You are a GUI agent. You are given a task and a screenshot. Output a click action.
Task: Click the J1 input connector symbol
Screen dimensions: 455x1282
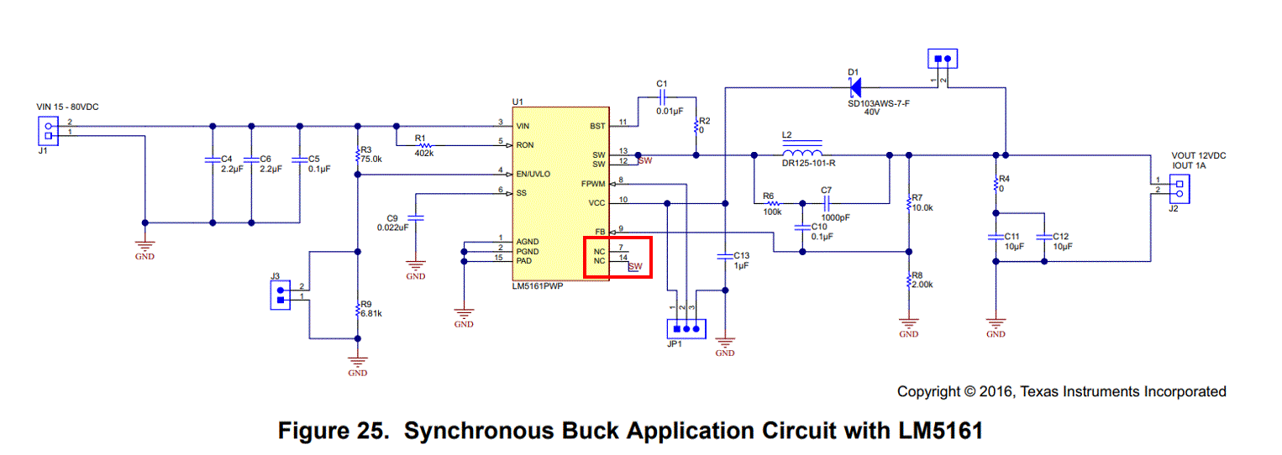point(47,130)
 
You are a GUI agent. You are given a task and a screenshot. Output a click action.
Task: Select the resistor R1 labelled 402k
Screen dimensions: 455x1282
point(424,145)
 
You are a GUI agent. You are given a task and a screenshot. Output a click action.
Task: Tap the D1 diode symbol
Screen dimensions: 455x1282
point(857,86)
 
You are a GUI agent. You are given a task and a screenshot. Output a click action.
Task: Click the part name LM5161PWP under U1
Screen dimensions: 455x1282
point(539,285)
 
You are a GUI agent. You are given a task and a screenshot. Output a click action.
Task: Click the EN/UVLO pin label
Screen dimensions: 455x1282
point(533,174)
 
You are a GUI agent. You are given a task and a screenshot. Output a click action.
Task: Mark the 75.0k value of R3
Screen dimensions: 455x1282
point(370,158)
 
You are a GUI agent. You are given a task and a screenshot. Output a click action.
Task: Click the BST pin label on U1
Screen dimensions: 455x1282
point(597,125)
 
